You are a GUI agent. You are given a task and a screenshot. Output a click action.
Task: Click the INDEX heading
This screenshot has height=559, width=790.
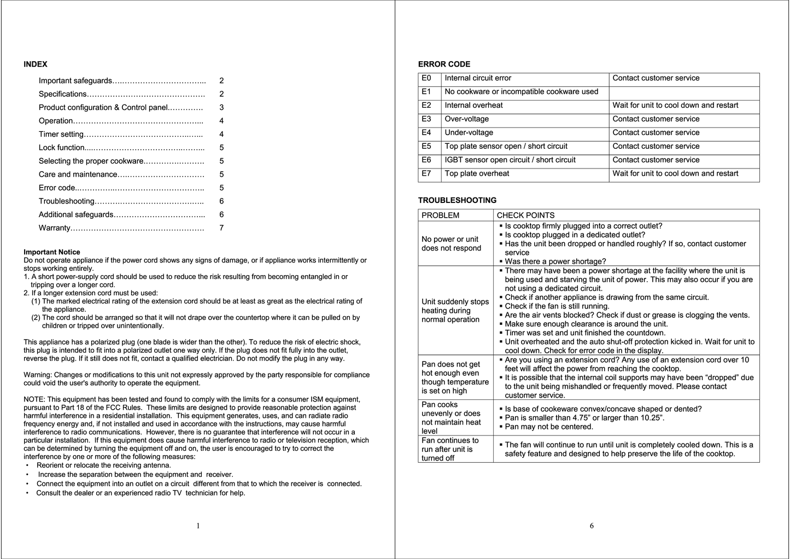click(36, 64)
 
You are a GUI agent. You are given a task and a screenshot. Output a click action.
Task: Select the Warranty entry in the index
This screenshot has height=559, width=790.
click(55, 228)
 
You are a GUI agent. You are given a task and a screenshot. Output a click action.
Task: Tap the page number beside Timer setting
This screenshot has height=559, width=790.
click(221, 134)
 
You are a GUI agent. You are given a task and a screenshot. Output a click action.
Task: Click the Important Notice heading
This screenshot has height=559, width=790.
click(52, 252)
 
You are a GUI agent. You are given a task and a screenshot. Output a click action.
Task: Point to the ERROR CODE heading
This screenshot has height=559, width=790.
click(444, 64)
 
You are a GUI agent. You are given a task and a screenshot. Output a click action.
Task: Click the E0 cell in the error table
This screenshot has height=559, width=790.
click(427, 78)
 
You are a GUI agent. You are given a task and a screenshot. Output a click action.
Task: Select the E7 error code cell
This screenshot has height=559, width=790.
click(427, 174)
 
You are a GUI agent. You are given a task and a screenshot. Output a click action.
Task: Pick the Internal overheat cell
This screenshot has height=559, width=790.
click(473, 106)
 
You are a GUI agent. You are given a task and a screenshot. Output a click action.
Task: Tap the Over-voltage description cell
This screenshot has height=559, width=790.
click(467, 119)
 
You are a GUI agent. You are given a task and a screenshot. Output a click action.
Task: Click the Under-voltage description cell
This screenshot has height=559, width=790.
click(469, 133)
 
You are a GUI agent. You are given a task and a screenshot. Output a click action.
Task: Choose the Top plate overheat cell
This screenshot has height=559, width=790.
click(477, 174)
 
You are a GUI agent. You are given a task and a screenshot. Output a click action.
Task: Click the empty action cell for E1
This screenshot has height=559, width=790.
click(683, 92)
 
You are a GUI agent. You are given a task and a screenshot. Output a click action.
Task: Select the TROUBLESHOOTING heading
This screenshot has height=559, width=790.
click(457, 200)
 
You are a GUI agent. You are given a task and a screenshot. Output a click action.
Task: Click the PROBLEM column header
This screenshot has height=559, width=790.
click(441, 216)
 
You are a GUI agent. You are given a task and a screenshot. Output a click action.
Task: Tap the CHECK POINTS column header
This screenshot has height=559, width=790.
click(525, 216)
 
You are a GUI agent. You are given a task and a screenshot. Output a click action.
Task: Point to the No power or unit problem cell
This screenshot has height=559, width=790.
click(452, 243)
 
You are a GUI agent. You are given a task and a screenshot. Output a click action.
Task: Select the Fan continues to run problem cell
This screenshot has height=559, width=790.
click(450, 449)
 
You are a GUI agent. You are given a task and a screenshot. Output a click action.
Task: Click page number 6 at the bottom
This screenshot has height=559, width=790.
click(592, 526)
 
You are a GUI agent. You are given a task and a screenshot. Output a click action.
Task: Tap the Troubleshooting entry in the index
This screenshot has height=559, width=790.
click(67, 201)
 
